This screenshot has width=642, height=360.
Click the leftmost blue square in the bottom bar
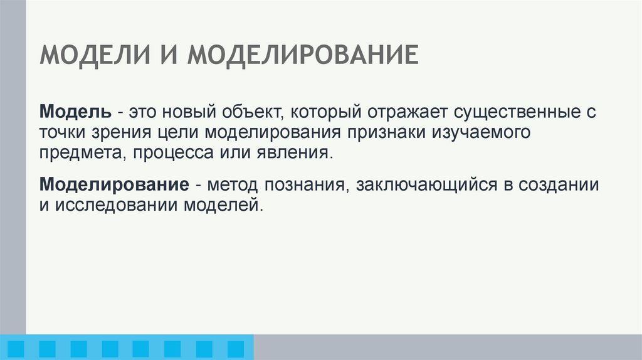15,349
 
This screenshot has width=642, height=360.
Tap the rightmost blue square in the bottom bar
235,349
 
